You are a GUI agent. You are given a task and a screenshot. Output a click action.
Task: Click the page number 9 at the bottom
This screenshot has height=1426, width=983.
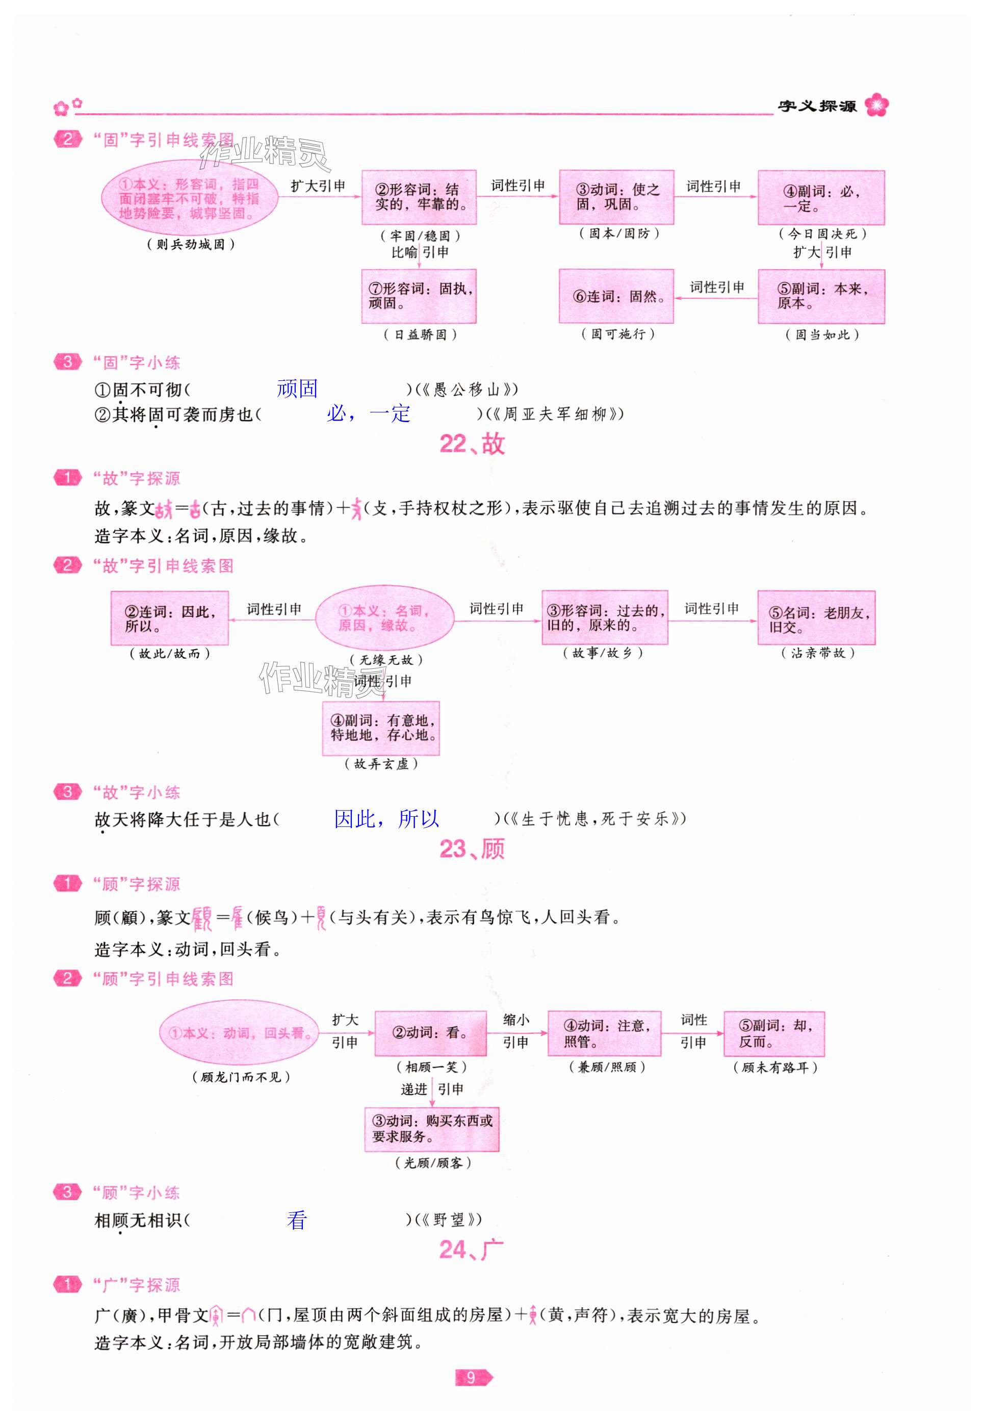coord(472,1378)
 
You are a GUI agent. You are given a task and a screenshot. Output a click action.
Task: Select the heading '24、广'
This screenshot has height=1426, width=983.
coord(472,1249)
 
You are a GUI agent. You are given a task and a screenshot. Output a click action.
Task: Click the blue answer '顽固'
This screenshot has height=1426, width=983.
coord(297,388)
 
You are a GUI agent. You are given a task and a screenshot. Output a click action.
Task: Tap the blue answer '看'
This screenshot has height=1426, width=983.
coord(297,1220)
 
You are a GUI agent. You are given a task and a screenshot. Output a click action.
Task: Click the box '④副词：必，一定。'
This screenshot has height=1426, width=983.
coord(821,198)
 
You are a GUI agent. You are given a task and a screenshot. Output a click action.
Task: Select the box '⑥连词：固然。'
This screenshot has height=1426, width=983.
coord(616,296)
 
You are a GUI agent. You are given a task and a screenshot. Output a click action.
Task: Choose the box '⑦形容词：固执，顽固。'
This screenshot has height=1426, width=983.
coord(419,296)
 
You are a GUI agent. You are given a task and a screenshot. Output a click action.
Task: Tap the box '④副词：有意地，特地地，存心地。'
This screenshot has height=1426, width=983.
coord(381,728)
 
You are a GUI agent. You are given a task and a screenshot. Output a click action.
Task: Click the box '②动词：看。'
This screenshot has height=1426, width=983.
coord(430,1033)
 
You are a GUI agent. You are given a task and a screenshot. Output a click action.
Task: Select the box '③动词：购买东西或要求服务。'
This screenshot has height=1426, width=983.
coord(432,1129)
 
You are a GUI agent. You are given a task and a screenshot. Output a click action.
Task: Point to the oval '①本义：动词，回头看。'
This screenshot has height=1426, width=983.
coord(240,1032)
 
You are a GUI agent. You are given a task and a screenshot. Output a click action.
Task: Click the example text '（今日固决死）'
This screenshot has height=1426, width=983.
coord(822,234)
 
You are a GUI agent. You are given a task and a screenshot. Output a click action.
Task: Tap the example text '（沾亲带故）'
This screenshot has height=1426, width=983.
coord(818,653)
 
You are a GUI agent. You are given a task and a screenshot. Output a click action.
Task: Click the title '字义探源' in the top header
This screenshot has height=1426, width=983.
coord(817,106)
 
